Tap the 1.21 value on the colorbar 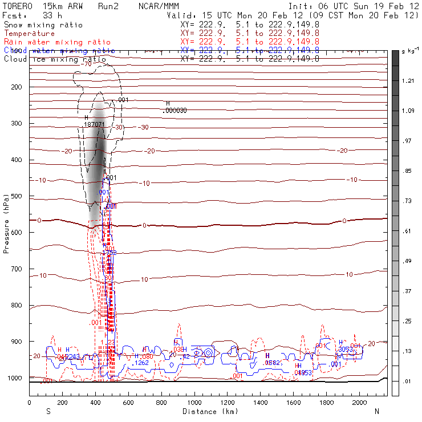click(408, 81)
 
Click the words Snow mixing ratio click(43, 25)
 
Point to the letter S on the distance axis click(48, 411)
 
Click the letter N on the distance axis click(376, 411)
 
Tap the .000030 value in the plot click(175, 110)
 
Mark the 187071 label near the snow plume click(94, 124)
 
